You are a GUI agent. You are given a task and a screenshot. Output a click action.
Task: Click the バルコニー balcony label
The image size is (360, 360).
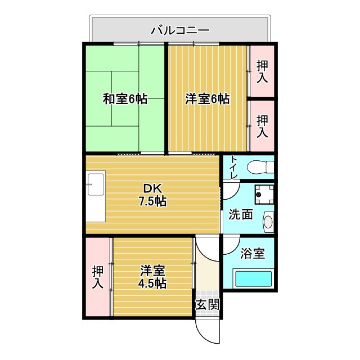(180, 29)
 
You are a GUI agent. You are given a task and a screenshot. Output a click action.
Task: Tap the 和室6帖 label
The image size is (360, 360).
(125, 99)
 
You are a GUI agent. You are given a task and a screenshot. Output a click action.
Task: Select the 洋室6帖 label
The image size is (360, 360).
(208, 99)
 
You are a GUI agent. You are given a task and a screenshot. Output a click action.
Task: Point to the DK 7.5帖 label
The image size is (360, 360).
(152, 195)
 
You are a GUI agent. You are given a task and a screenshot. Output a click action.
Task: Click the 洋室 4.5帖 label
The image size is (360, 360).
(152, 277)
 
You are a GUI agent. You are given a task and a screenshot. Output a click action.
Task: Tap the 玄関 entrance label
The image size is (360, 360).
(207, 305)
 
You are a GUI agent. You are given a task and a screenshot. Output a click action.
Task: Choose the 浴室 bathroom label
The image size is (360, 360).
(253, 254)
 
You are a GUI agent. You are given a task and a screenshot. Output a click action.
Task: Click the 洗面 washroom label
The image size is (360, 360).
(240, 214)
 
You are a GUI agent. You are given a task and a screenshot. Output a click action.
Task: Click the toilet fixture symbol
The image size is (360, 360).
(262, 167)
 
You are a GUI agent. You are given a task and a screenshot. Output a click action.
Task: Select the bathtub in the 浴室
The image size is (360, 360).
(253, 279)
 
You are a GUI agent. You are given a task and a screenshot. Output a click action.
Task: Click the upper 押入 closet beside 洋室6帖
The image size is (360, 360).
(262, 71)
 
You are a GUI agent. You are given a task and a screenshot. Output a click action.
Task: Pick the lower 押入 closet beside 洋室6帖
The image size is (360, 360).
(262, 126)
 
